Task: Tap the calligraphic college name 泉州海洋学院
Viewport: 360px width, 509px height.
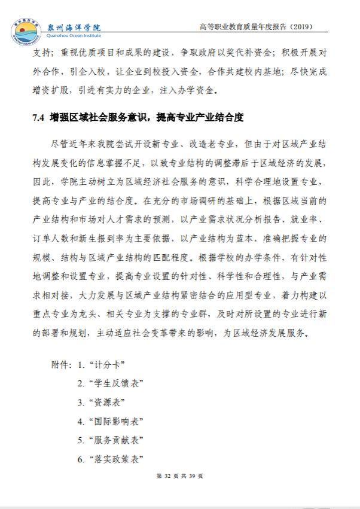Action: pos(74,26)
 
